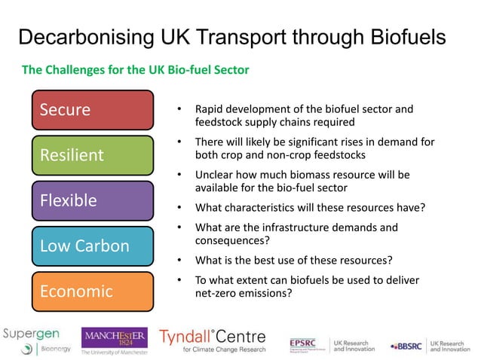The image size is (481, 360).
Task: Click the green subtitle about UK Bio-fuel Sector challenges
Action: coord(136,70)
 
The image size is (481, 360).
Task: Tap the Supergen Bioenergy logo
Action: coord(34,338)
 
